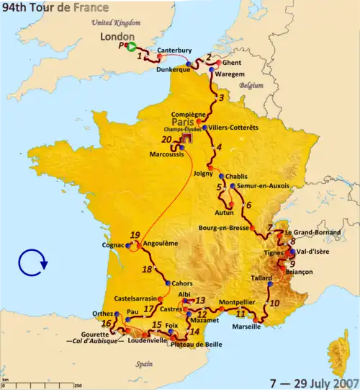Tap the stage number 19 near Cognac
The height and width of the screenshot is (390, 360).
tap(134, 235)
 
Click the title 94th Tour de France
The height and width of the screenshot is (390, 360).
tap(56, 8)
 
